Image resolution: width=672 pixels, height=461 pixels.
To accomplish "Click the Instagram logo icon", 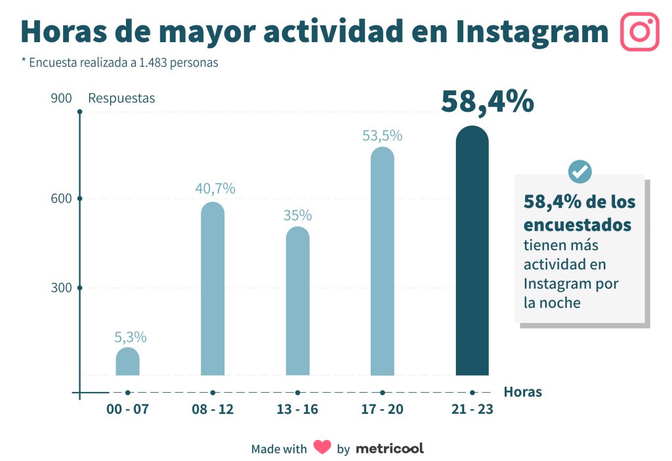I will click(639, 32).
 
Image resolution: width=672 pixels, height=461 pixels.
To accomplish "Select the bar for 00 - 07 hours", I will click(127, 362).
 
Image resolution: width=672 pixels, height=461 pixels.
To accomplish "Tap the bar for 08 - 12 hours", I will click(212, 289).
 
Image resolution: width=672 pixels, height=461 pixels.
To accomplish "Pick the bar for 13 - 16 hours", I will click(297, 301).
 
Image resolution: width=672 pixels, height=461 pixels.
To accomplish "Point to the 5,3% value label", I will click(131, 338).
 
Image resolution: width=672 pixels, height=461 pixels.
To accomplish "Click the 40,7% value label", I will click(215, 188).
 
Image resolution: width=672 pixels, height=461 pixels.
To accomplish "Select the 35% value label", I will click(297, 215).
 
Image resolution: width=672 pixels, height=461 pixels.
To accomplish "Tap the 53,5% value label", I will click(382, 136).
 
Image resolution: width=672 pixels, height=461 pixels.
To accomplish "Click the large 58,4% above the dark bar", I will click(487, 102).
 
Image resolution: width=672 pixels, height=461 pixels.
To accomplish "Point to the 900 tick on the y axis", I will click(61, 99).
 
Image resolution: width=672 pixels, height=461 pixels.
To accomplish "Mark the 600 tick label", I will click(61, 198).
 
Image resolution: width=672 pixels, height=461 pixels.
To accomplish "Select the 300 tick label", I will click(61, 288).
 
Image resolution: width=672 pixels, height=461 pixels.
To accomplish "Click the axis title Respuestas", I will click(121, 99).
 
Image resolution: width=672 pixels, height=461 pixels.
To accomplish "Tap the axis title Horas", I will click(522, 392).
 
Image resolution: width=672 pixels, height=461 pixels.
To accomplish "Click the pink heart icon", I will click(322, 447).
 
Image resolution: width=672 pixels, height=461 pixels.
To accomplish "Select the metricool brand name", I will click(390, 449).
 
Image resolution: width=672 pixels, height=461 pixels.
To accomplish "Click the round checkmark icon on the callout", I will click(579, 171).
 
